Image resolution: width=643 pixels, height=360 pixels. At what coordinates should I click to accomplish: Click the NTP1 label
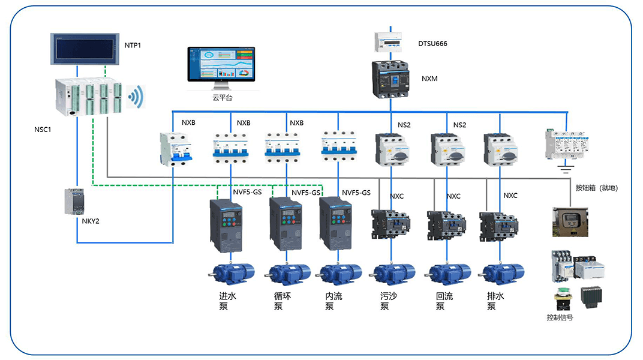(x=132, y=45)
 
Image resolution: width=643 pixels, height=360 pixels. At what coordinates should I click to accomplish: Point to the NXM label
(x=430, y=79)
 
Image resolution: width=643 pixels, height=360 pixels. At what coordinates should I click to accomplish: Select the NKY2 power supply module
(x=77, y=202)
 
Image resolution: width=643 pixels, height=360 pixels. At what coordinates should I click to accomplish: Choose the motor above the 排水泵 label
(x=502, y=274)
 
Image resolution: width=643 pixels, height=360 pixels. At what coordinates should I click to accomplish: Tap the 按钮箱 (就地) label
(x=596, y=188)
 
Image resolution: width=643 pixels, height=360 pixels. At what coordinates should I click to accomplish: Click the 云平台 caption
(x=221, y=98)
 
